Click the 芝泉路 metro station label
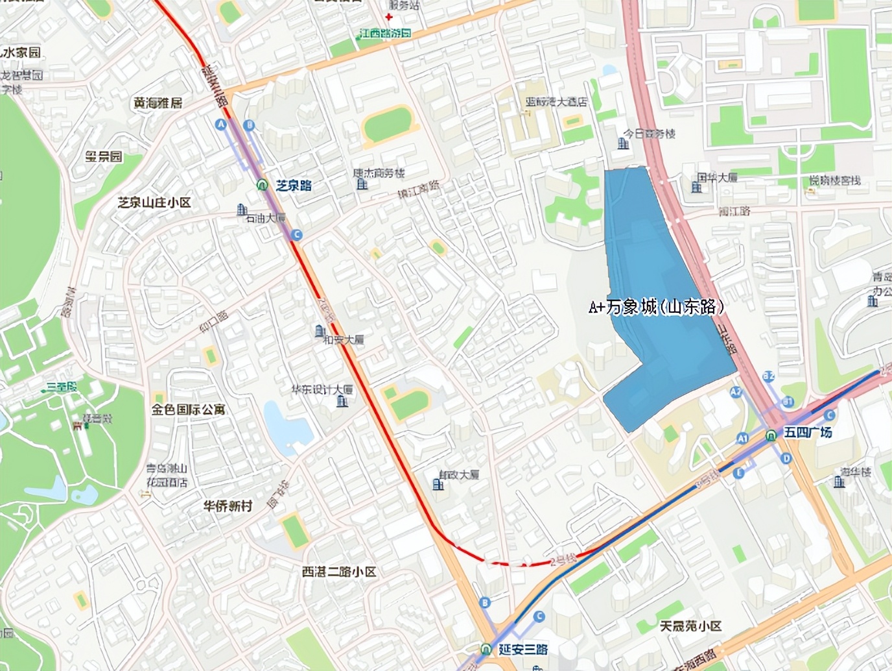pyautogui.click(x=294, y=186)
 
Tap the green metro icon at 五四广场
pyautogui.click(x=771, y=435)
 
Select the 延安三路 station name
pyautogui.click(x=523, y=649)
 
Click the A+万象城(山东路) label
pyautogui.click(x=656, y=307)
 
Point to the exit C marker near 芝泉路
pyautogui.click(x=296, y=235)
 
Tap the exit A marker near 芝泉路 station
pyautogui.click(x=221, y=125)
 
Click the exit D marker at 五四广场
pyautogui.click(x=787, y=459)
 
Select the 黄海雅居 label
pyautogui.click(x=158, y=103)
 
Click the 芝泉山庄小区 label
pyautogui.click(x=154, y=202)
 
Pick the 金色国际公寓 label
pyautogui.click(x=188, y=409)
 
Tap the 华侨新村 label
pyautogui.click(x=227, y=506)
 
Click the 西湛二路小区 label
pyautogui.click(x=339, y=572)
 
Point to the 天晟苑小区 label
pyautogui.click(x=690, y=626)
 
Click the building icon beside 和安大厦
pyautogui.click(x=320, y=332)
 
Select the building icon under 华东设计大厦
pyautogui.click(x=342, y=402)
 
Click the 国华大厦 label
pyautogui.click(x=717, y=177)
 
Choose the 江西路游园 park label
pyautogui.click(x=385, y=33)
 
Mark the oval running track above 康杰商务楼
pyautogui.click(x=388, y=123)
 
